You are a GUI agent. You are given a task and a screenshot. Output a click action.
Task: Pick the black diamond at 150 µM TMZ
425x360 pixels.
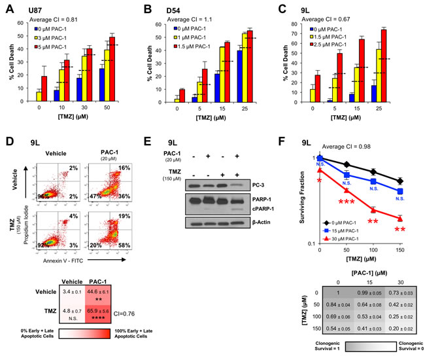point(399,181)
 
